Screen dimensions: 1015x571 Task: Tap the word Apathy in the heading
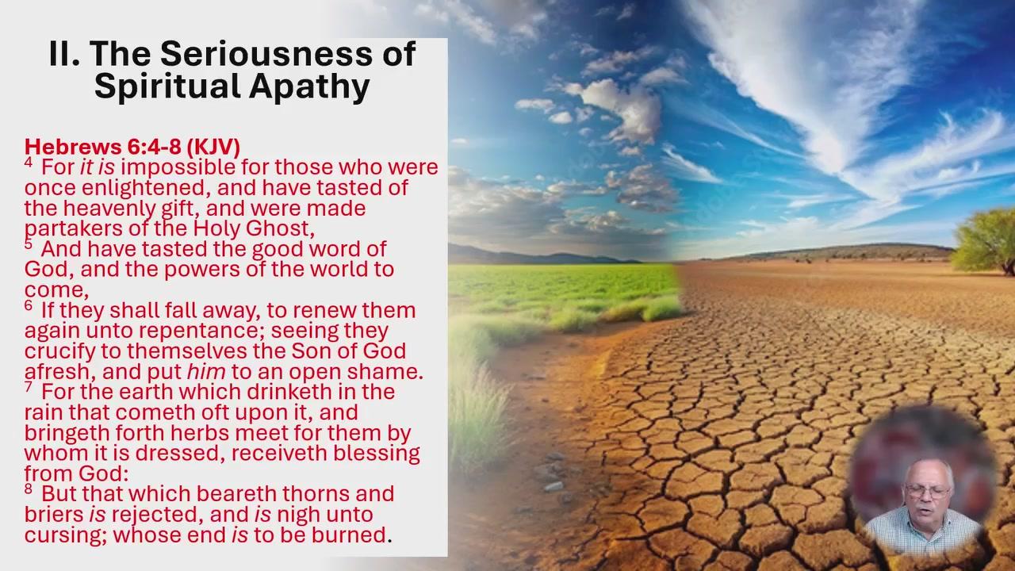[x=309, y=87]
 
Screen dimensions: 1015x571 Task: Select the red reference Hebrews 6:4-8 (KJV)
[x=132, y=147]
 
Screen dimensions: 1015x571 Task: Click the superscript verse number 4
[x=29, y=163]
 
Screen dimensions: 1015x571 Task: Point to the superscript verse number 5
[x=29, y=244]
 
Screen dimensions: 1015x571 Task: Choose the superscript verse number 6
[x=29, y=305]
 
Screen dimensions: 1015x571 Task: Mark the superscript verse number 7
[x=29, y=386]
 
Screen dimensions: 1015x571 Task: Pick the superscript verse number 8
[x=29, y=489]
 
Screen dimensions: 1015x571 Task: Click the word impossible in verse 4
[x=178, y=167]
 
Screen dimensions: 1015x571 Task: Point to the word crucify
[x=60, y=351]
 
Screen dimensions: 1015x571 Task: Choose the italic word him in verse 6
[x=206, y=372]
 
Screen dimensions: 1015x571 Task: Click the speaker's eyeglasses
[x=928, y=491]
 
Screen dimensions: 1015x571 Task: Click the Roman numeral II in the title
[x=64, y=54]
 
